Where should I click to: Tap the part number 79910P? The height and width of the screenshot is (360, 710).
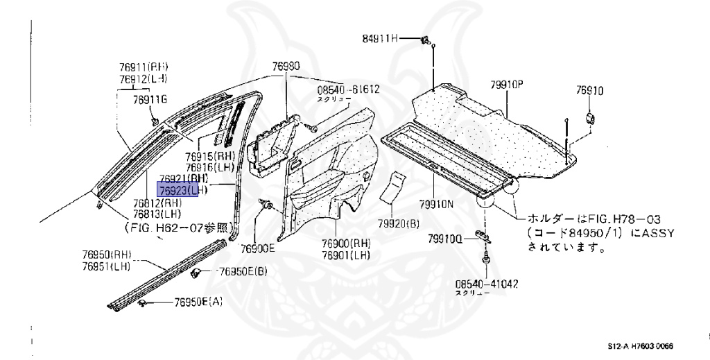506,85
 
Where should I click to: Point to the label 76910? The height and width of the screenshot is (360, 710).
589,90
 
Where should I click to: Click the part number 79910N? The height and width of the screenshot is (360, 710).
434,205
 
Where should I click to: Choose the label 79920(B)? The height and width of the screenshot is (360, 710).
399,223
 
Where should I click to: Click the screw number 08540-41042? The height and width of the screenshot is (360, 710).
487,283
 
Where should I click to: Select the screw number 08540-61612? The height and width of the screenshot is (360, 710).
349,89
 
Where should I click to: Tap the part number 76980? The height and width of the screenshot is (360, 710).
286,67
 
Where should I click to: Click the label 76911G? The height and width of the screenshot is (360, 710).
150,100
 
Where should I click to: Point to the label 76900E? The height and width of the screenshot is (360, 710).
258,248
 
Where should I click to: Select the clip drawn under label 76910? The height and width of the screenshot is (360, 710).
591,117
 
